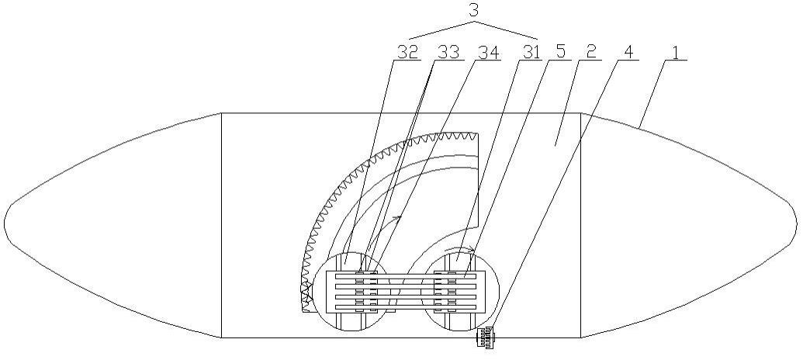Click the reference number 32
408,52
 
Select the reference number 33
448,52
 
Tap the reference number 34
488,52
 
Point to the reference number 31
530,52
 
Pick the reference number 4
628,52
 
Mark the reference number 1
677,52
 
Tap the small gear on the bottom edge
486,338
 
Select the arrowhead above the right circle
472,251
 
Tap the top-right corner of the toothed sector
477,133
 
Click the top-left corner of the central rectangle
221,113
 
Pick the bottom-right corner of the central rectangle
581,338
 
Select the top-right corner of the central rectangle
581,113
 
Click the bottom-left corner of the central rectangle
221,338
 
